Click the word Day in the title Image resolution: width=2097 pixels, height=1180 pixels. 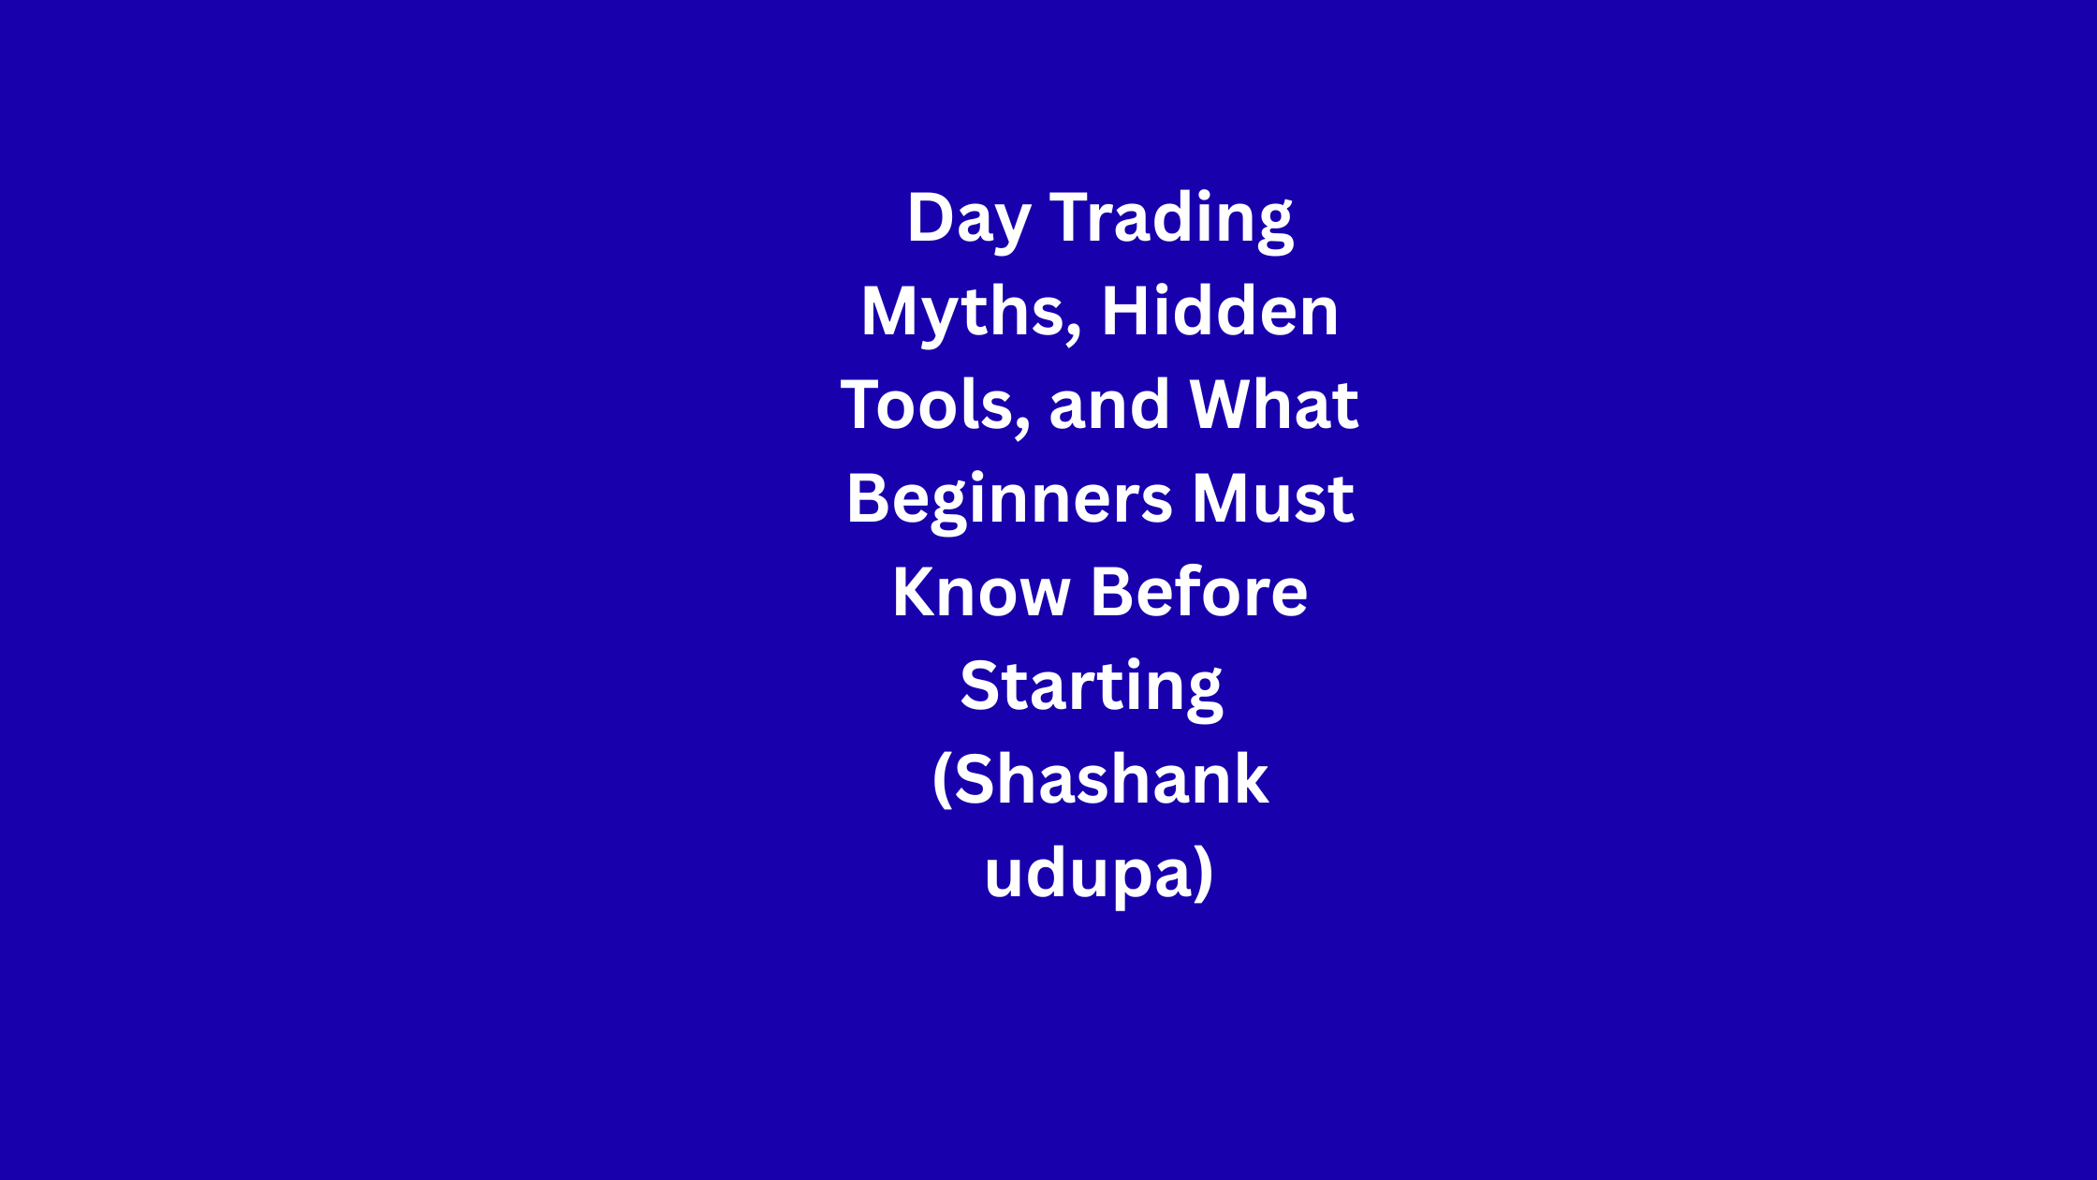coord(969,221)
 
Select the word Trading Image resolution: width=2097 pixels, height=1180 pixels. coord(1171,221)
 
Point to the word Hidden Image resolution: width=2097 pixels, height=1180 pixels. coord(1220,311)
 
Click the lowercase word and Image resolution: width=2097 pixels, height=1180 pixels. coord(1109,405)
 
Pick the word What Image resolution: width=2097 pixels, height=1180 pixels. coord(1274,405)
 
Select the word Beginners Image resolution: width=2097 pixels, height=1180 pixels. coord(1009,501)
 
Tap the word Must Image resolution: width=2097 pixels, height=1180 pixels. coord(1272,498)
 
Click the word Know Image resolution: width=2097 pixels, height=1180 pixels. coord(981,592)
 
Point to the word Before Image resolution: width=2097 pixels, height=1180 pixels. coord(1199,592)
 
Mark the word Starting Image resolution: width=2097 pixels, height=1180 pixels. coord(1092,689)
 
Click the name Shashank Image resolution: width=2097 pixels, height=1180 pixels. coord(1111,779)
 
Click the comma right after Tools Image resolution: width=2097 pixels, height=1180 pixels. coord(1022,425)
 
